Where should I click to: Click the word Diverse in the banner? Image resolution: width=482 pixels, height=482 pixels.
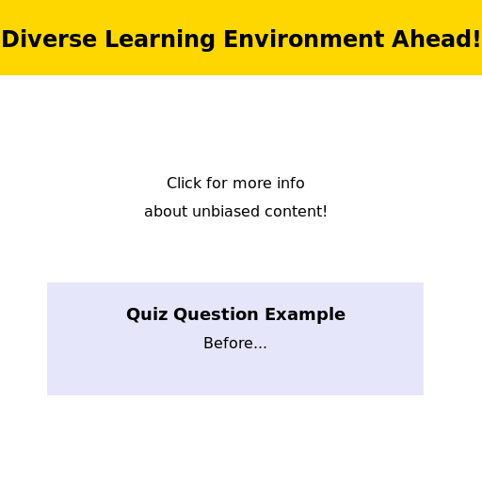[x=49, y=40]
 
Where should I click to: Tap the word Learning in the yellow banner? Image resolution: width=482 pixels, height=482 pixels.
[x=160, y=40]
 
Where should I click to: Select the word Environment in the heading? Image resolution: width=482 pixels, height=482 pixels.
[x=304, y=40]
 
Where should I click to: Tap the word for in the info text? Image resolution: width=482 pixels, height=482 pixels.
[x=217, y=183]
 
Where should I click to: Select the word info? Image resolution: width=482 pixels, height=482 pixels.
[x=291, y=183]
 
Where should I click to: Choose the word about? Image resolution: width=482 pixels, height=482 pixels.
[x=166, y=211]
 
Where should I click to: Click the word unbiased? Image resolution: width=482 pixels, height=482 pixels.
[x=226, y=211]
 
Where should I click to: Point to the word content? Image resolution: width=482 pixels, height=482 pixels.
[x=293, y=212]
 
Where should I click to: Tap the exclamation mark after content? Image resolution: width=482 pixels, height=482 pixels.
[x=325, y=211]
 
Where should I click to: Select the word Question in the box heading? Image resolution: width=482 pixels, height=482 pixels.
[x=216, y=314]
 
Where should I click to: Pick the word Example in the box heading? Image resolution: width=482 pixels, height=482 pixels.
[x=305, y=314]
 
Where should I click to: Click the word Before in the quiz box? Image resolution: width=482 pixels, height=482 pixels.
[x=228, y=343]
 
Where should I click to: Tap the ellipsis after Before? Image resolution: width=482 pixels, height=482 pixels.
[x=261, y=347]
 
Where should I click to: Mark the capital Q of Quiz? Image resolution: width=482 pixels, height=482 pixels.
[x=133, y=314]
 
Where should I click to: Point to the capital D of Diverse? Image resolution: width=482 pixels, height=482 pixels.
[x=9, y=40]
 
